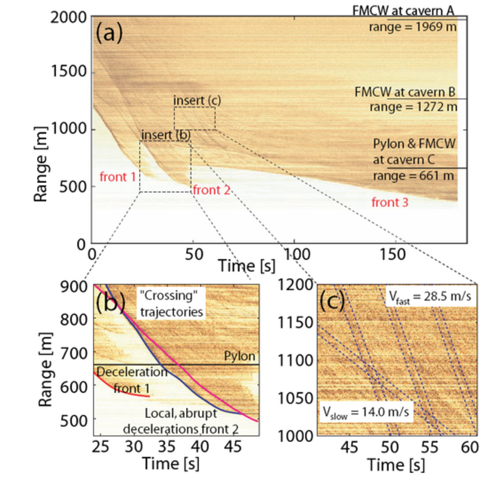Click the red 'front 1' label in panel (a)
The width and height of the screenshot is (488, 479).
pyautogui.click(x=118, y=177)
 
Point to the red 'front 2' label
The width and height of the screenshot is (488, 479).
pyautogui.click(x=211, y=189)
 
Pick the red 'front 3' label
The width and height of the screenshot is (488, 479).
pyautogui.click(x=390, y=202)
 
